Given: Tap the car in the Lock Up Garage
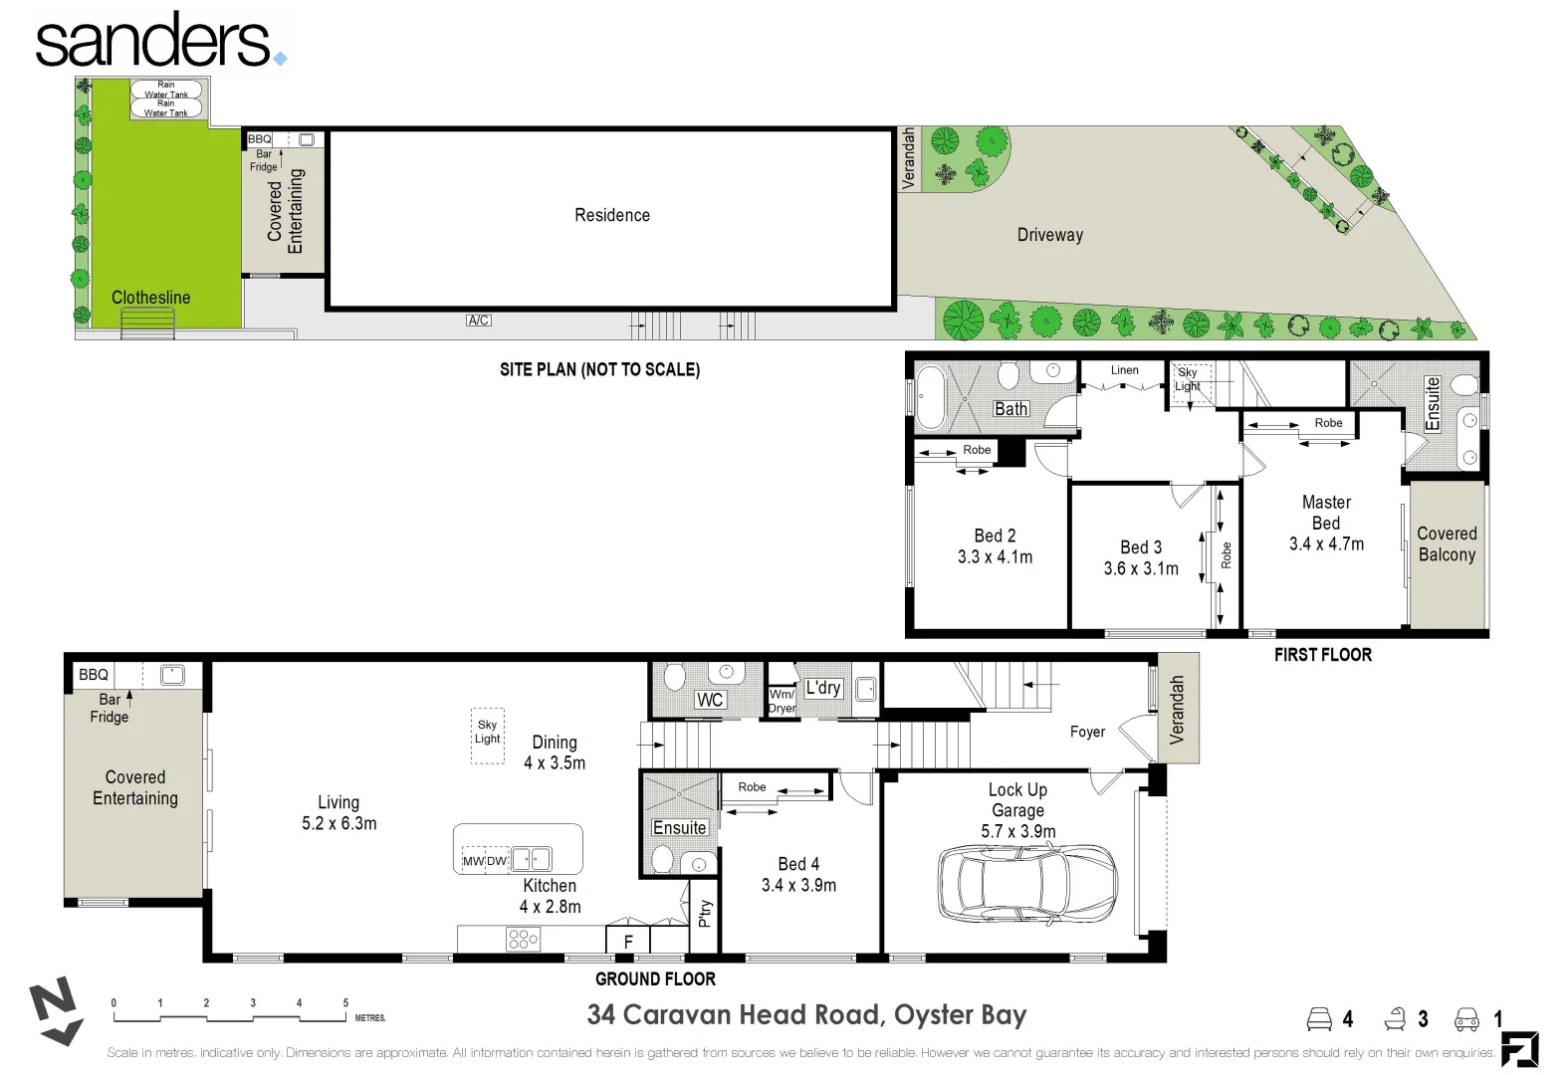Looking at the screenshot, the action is point(1026,883).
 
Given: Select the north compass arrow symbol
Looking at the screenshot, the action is point(56,1010).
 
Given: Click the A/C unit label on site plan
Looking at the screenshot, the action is point(479,321).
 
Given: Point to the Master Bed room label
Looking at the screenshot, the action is point(1326,513).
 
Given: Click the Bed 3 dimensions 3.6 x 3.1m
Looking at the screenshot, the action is point(1141,568).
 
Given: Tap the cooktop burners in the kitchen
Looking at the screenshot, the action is point(523,939).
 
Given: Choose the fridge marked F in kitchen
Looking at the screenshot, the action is point(628,940).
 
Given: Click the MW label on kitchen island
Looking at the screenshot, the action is point(473,861).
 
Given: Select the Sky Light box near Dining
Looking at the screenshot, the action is point(488,736).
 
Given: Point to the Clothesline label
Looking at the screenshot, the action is point(151,298).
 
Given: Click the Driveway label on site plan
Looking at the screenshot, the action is point(1050,235).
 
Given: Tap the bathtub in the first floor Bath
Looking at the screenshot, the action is point(931,396).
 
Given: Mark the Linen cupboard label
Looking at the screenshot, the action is point(1124,370).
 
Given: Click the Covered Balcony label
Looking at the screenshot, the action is point(1447,543).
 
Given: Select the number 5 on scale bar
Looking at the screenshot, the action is point(345,1002).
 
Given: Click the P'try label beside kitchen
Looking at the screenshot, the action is point(705,914).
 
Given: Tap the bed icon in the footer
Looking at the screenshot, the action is point(1319,1019).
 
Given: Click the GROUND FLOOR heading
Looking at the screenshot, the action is point(655,979).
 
